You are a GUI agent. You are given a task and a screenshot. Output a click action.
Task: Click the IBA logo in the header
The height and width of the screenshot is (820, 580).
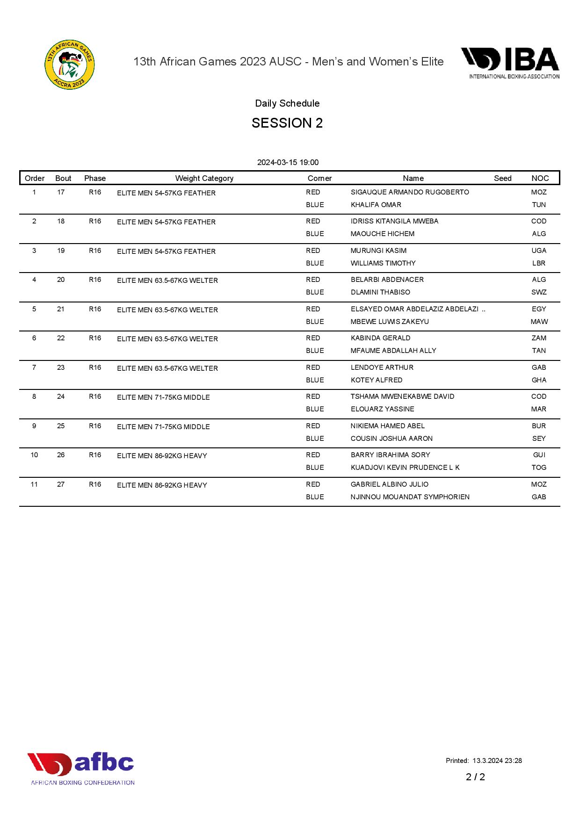click(x=510, y=63)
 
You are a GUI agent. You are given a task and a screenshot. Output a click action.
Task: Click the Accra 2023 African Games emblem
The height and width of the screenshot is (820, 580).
click(x=69, y=65)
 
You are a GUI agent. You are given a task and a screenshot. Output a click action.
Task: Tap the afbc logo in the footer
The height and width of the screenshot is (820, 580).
click(x=81, y=768)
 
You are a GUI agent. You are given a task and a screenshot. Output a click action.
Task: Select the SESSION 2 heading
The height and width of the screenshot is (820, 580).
click(x=287, y=123)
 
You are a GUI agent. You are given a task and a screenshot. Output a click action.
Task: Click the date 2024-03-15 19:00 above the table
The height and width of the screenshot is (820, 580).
click(x=288, y=163)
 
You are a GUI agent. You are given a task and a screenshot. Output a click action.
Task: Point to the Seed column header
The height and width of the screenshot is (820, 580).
click(x=502, y=178)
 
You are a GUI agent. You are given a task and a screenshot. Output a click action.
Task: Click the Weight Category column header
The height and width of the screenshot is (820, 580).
click(x=204, y=178)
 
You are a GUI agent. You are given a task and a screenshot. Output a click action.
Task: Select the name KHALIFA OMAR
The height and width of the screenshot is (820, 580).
click(x=376, y=205)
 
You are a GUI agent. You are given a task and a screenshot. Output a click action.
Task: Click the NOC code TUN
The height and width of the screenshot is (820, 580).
click(x=539, y=205)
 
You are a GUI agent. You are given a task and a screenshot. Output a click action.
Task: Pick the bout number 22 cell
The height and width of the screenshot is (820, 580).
click(x=61, y=338)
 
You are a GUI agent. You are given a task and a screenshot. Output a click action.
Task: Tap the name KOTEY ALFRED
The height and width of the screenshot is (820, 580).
click(x=377, y=380)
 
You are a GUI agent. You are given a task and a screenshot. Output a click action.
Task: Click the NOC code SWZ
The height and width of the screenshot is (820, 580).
click(x=539, y=292)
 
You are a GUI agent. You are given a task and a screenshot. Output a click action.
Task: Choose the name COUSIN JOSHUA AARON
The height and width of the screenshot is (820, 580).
click(x=391, y=439)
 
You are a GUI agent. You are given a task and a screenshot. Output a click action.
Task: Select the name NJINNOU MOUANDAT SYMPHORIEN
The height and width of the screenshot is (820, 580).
click(x=410, y=497)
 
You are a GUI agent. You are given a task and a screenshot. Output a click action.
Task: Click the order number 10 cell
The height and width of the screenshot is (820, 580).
click(x=34, y=455)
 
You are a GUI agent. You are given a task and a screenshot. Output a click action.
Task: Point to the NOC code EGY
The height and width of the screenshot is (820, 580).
click(x=539, y=309)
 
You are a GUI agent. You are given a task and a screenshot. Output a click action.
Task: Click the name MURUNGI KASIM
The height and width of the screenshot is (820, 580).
click(x=378, y=251)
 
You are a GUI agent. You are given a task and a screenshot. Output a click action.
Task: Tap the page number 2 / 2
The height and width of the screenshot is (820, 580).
click(x=475, y=777)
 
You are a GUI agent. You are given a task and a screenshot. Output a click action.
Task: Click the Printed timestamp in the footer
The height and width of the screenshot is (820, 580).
click(x=484, y=761)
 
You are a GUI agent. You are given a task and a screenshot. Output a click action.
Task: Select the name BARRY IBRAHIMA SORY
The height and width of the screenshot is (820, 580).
click(x=390, y=455)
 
